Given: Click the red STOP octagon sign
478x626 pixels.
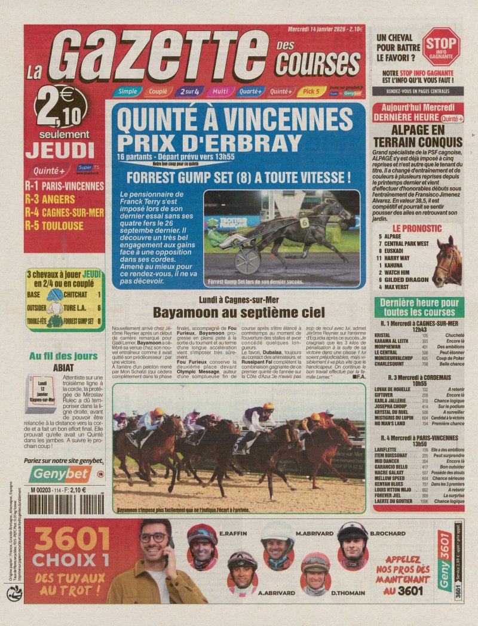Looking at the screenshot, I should coord(441,46).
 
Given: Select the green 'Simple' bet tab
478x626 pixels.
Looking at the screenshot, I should coord(127,91).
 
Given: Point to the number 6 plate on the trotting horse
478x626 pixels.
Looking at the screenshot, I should coord(304,222).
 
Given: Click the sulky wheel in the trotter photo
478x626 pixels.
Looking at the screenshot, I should coord(247,261).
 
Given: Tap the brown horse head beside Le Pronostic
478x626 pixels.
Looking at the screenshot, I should coord(448,260).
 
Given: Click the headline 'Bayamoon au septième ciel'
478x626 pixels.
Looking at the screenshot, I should coord(239,312).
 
